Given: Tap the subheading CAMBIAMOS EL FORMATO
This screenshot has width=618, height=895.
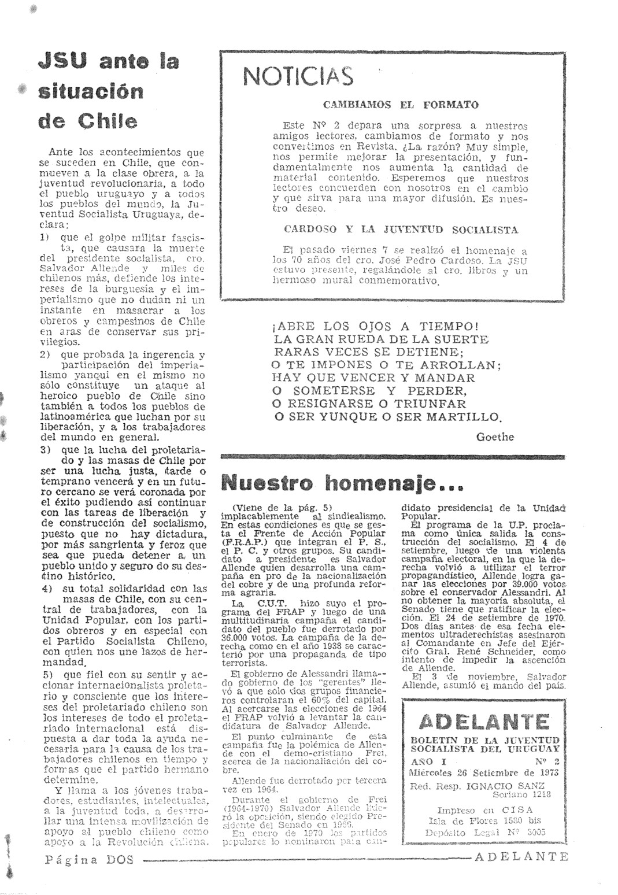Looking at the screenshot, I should pyautogui.click(x=401, y=105).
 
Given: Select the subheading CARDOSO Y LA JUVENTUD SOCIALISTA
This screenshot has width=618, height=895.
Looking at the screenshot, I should pyautogui.click(x=401, y=229).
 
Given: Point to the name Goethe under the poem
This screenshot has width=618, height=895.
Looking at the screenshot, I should pyautogui.click(x=495, y=437).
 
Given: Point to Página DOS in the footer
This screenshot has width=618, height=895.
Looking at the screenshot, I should pyautogui.click(x=89, y=859).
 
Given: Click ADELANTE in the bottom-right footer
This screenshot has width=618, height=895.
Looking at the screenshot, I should pyautogui.click(x=521, y=857).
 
